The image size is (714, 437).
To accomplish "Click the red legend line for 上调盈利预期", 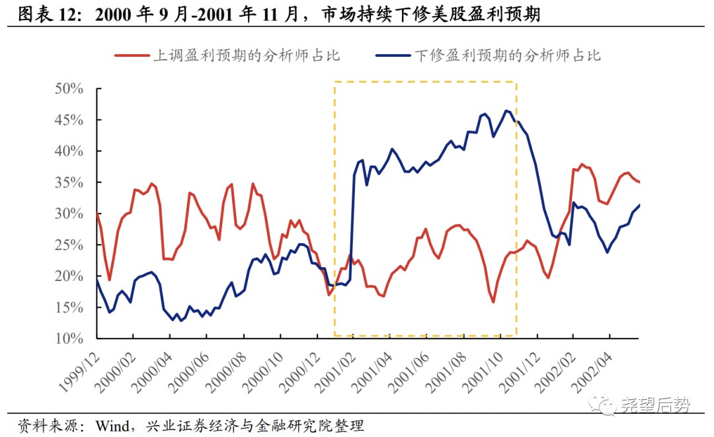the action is pos(132,56).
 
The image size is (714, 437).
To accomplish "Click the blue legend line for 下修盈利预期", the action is pos(393,56).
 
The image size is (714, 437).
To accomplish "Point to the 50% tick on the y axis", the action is pos(97,89).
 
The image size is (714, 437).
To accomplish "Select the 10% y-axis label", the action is pos(69,338).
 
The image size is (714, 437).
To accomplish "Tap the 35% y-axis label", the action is pos(69,182).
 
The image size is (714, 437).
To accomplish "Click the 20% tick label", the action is pos(69,276).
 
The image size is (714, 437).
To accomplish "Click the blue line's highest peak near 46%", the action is pos(506,110).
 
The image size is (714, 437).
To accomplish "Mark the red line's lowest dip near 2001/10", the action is pos(493,302).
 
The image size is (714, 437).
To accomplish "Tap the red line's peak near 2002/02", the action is pos(582,165).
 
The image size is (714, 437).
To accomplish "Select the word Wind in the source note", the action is pos(112,426).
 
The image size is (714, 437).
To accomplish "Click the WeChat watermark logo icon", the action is pos(601,405).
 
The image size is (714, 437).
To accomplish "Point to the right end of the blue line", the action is pos(639,205).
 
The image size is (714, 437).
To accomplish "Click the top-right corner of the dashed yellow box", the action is pos(516,82).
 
